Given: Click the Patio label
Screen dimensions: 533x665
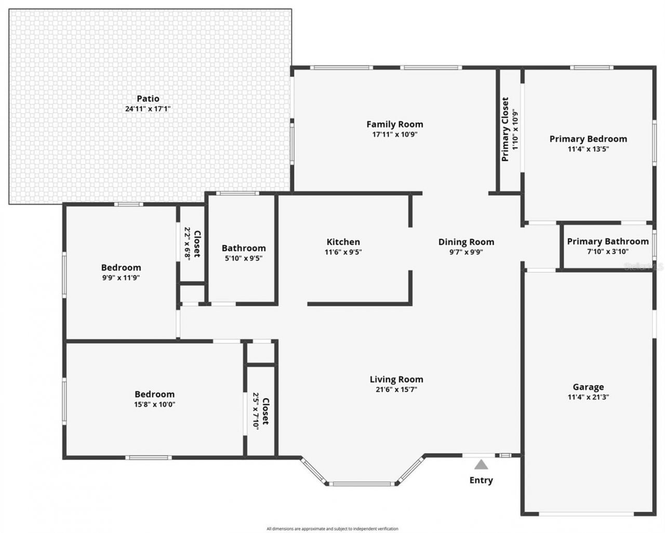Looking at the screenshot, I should pyautogui.click(x=148, y=99).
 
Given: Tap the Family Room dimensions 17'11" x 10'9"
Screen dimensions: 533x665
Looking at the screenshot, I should pyautogui.click(x=395, y=134).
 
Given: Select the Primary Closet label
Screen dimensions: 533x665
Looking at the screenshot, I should pyautogui.click(x=506, y=129).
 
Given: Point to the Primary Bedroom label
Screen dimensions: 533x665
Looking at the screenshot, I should pyautogui.click(x=588, y=139).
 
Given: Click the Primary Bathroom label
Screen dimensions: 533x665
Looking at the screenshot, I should pyautogui.click(x=607, y=242).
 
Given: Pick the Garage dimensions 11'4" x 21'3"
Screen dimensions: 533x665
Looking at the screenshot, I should pyautogui.click(x=588, y=397).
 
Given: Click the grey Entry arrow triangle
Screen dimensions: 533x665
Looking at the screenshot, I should pyautogui.click(x=481, y=464).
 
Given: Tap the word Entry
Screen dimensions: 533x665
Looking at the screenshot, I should pyautogui.click(x=481, y=480).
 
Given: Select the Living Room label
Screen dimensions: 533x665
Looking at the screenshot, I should pyautogui.click(x=396, y=379).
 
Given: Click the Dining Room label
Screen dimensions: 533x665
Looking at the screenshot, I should pyautogui.click(x=466, y=242).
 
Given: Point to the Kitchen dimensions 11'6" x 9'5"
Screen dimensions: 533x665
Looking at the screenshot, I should pyautogui.click(x=343, y=252).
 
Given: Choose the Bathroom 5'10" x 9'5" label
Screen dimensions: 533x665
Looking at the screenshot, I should pyautogui.click(x=244, y=248).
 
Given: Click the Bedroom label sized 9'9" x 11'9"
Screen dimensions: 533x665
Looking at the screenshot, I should pyautogui.click(x=121, y=268).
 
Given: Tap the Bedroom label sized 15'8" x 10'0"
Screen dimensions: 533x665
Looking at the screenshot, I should pyautogui.click(x=154, y=394).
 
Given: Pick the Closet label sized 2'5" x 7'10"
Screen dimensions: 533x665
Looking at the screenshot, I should pyautogui.click(x=265, y=412).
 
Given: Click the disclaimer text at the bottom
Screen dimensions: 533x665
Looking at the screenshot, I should pyautogui.click(x=332, y=528).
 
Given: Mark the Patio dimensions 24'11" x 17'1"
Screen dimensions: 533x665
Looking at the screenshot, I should pyautogui.click(x=148, y=109).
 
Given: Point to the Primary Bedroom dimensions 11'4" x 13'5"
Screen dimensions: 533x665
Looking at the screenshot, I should pyautogui.click(x=588, y=149).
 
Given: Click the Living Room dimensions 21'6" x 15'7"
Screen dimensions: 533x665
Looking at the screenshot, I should pyautogui.click(x=396, y=390).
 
